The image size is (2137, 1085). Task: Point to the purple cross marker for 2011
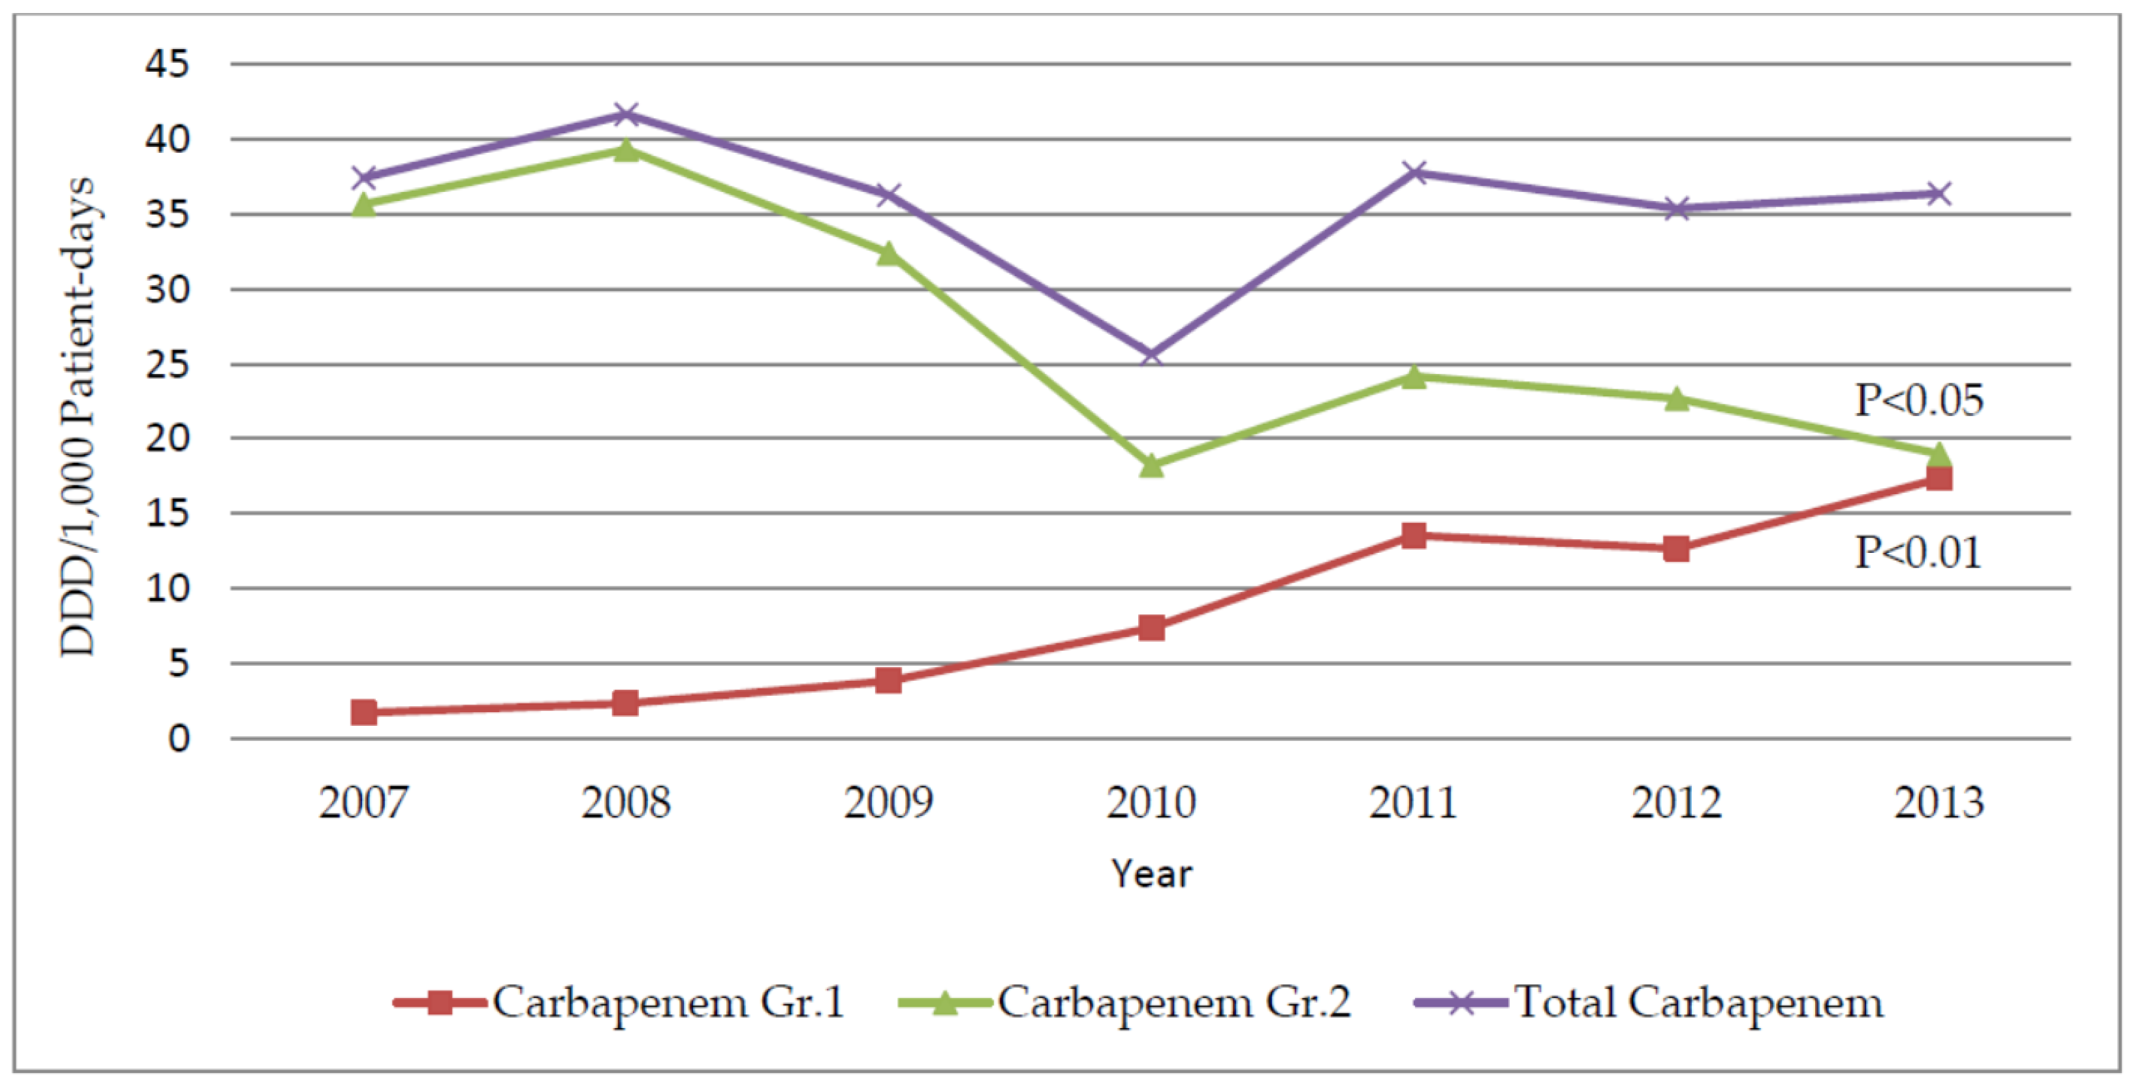coord(1414,172)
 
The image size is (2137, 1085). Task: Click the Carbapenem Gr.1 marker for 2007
coord(363,712)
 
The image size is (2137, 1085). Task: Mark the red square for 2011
coord(1414,535)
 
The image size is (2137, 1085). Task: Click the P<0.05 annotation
coord(1919,401)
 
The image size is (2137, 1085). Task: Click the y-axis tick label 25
coord(168,364)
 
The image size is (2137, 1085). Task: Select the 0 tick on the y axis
coord(178,738)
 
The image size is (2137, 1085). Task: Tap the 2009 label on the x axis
coord(887,803)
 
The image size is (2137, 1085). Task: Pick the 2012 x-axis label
coord(1676,803)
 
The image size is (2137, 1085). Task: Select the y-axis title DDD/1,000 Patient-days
coord(78,417)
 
